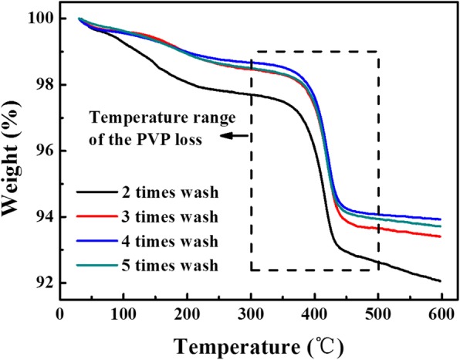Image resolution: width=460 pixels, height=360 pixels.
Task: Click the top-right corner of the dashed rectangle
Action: click(377, 52)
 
